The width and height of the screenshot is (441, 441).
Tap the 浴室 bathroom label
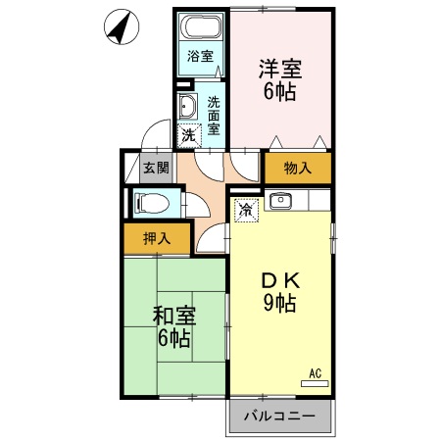pyautogui.click(x=201, y=56)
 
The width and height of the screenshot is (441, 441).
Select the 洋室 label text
pyautogui.click(x=279, y=70)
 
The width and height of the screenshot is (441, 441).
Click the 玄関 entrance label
pyautogui.click(x=156, y=168)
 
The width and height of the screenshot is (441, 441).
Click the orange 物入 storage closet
pyautogui.click(x=297, y=168)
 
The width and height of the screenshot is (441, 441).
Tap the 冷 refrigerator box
pyautogui.click(x=246, y=209)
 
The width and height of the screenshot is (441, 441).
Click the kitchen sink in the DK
pyautogui.click(x=280, y=203)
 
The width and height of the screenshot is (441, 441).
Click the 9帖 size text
pyautogui.click(x=279, y=304)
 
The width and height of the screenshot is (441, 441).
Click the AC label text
pyautogui.click(x=316, y=372)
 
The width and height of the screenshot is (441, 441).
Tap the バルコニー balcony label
pyautogui.click(x=279, y=416)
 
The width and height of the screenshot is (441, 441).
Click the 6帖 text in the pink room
pyautogui.click(x=279, y=93)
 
